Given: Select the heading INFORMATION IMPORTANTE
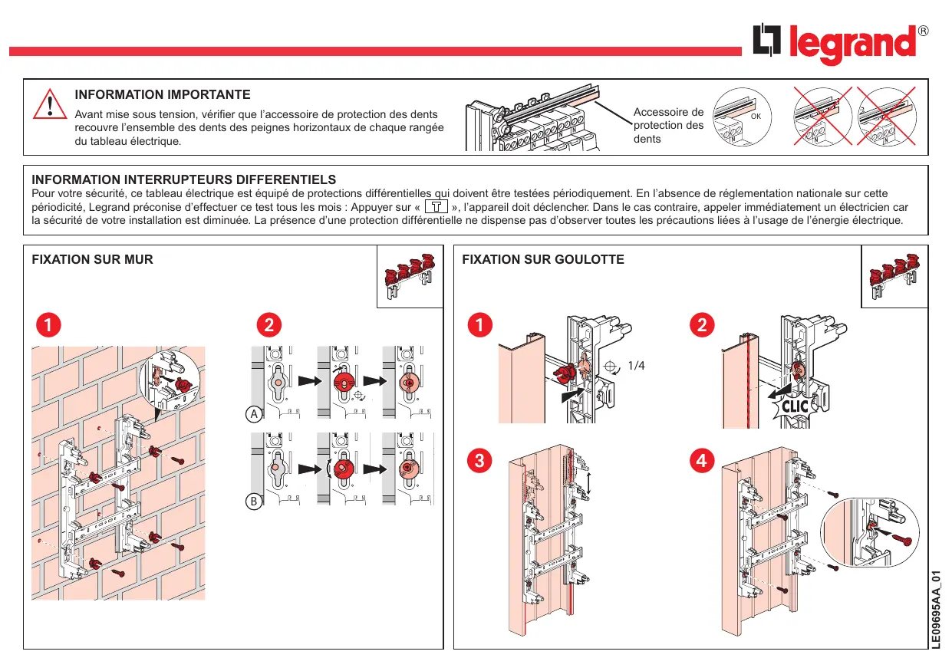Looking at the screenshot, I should click(x=163, y=95).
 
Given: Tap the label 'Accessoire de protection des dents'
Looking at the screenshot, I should click(x=668, y=125).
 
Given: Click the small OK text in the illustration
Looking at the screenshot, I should click(x=755, y=117).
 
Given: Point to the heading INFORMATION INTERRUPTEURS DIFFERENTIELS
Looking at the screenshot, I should click(x=183, y=179).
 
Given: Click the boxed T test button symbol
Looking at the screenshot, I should click(x=436, y=207).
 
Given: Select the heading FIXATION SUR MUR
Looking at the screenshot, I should click(x=92, y=259).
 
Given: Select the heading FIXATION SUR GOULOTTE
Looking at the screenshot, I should click(x=543, y=259).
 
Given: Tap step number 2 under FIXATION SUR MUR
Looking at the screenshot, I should click(x=268, y=325).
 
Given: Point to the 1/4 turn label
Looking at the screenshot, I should click(x=636, y=366).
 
